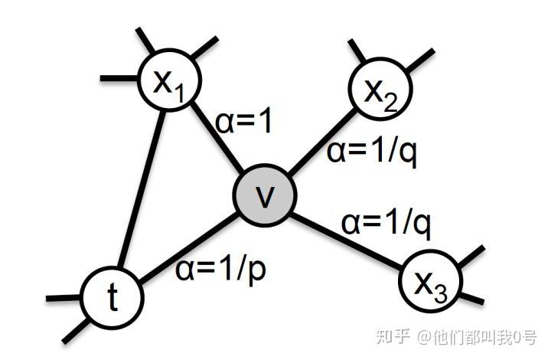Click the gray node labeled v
pyautogui.click(x=264, y=196)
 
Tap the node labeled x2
pyautogui.click(x=378, y=91)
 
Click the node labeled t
pyautogui.click(x=113, y=297)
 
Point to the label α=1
pyautogui.click(x=243, y=123)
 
